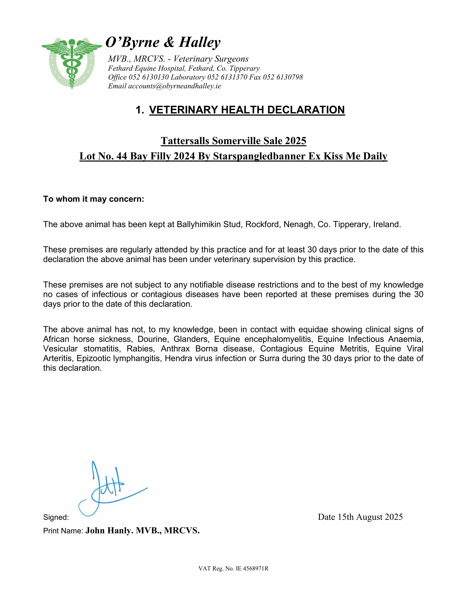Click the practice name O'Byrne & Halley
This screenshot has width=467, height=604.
[x=163, y=42]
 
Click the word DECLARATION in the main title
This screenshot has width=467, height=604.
[x=306, y=110]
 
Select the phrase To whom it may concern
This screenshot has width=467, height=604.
[x=94, y=199]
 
